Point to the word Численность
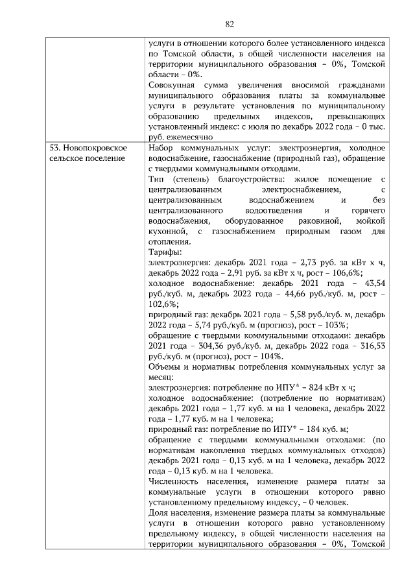click(175, 481)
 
